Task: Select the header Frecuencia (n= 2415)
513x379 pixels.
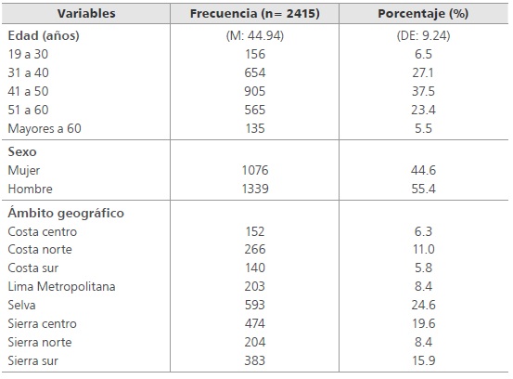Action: (251, 15)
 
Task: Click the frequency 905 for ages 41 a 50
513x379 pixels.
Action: (251, 92)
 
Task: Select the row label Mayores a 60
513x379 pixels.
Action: (45, 128)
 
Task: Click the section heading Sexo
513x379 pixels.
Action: (22, 152)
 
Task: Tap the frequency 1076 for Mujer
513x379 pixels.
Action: (251, 170)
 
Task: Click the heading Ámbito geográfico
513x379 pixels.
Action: (65, 213)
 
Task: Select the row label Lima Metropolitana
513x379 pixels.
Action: (61, 287)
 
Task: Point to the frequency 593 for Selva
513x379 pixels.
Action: (251, 305)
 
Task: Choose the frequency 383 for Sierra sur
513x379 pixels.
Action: (251, 359)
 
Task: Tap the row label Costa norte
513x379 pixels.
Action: (40, 250)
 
